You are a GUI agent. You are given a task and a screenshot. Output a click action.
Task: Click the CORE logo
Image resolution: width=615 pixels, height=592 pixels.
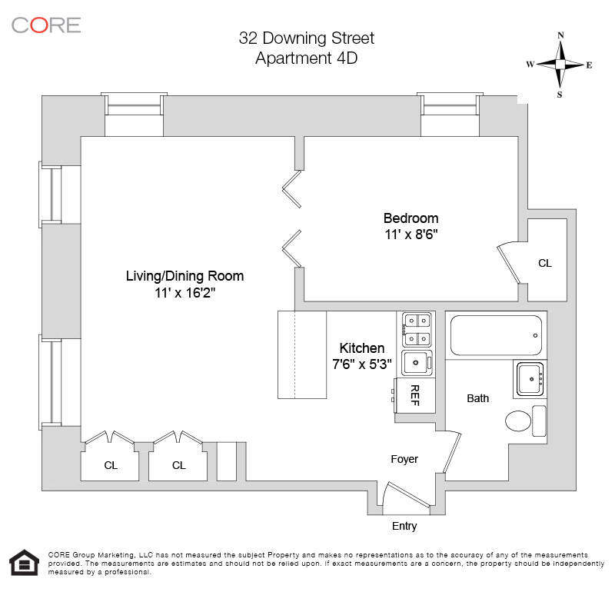point(46,25)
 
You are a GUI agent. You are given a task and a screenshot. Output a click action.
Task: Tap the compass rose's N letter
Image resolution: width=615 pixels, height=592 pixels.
point(561,35)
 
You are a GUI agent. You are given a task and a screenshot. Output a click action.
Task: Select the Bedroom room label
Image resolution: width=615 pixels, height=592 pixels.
point(411,218)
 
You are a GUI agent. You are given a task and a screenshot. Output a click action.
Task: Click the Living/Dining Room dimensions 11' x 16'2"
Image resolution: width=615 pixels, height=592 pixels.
point(184,293)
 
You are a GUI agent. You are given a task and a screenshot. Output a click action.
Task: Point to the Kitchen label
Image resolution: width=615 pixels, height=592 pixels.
point(361,348)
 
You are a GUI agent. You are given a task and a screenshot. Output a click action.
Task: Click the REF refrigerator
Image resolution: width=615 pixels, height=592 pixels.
point(415,395)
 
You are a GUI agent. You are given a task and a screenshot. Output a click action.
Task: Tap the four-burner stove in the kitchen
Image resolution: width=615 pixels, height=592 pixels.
point(417,330)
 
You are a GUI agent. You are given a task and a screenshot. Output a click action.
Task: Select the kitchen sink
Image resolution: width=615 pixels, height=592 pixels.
point(417,362)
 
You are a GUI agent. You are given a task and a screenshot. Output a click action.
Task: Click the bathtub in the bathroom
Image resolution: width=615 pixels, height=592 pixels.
point(496,335)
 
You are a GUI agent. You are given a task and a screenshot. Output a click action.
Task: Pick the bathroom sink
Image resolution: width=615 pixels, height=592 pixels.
point(530,379)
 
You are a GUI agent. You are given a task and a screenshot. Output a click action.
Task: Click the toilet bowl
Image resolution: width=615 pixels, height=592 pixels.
point(518,421)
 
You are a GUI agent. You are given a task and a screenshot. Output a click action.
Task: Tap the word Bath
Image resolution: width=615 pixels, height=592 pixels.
point(477,398)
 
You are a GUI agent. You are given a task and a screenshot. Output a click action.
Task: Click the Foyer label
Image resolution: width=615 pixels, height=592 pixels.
point(404,460)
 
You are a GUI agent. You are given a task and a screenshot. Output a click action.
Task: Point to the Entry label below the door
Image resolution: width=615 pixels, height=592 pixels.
point(404,526)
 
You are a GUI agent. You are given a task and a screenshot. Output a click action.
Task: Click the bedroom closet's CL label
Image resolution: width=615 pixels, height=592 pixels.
point(545,263)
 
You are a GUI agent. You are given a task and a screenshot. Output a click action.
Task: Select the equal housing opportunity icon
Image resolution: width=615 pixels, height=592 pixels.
point(25,562)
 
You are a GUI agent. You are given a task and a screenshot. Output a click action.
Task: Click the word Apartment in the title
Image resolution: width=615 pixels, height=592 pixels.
point(294,58)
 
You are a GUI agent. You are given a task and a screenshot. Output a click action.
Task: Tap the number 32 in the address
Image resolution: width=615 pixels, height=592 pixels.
point(248,38)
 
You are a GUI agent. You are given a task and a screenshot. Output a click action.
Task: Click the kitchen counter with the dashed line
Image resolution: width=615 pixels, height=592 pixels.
point(302,355)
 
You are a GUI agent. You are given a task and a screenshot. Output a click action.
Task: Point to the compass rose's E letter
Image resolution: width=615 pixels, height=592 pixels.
point(589,65)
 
